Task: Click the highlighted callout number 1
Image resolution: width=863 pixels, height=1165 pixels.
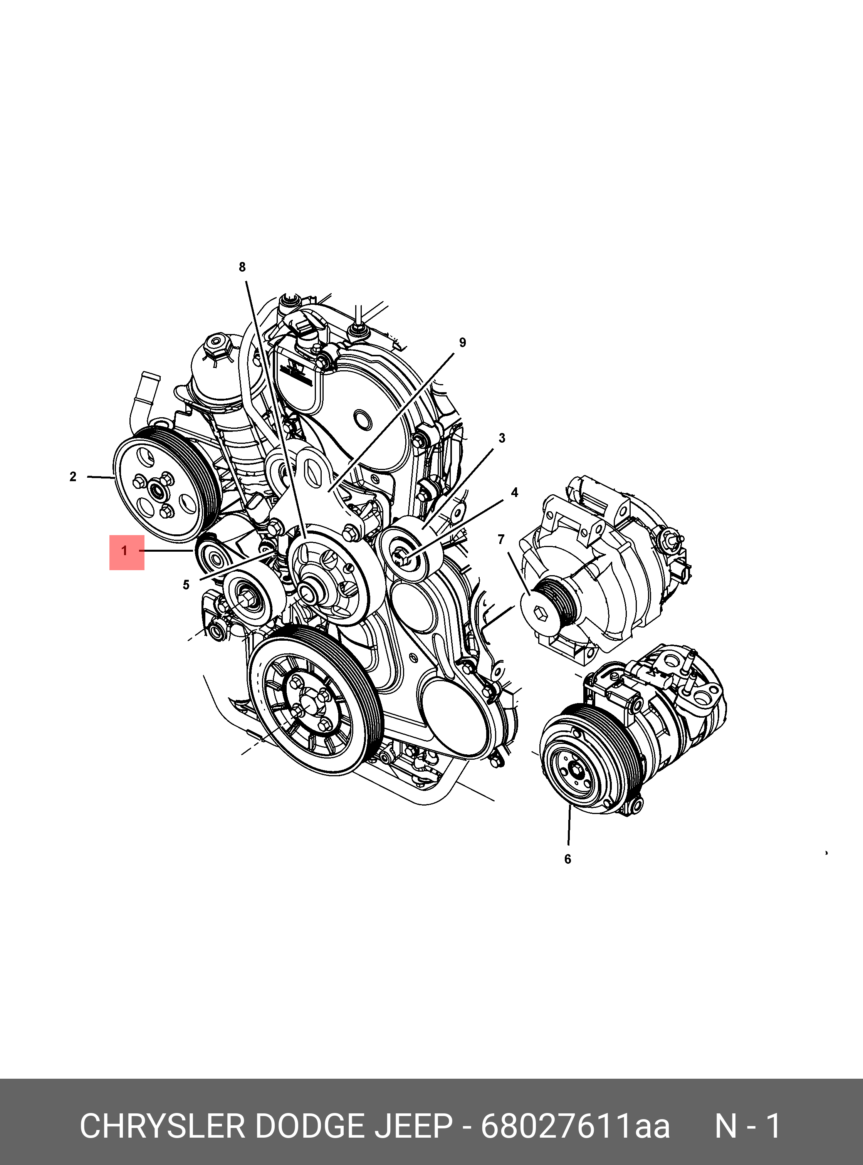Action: (125, 552)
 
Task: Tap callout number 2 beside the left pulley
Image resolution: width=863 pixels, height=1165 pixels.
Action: (73, 477)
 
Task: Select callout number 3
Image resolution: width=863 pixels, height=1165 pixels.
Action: (502, 438)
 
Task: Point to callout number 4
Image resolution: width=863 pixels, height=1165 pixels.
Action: (515, 493)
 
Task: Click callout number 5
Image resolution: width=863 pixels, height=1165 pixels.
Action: (186, 585)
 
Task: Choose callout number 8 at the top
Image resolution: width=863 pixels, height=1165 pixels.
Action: (242, 267)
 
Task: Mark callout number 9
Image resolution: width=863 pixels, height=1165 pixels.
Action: (462, 343)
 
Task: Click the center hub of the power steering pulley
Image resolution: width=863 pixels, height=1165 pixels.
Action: (156, 490)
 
